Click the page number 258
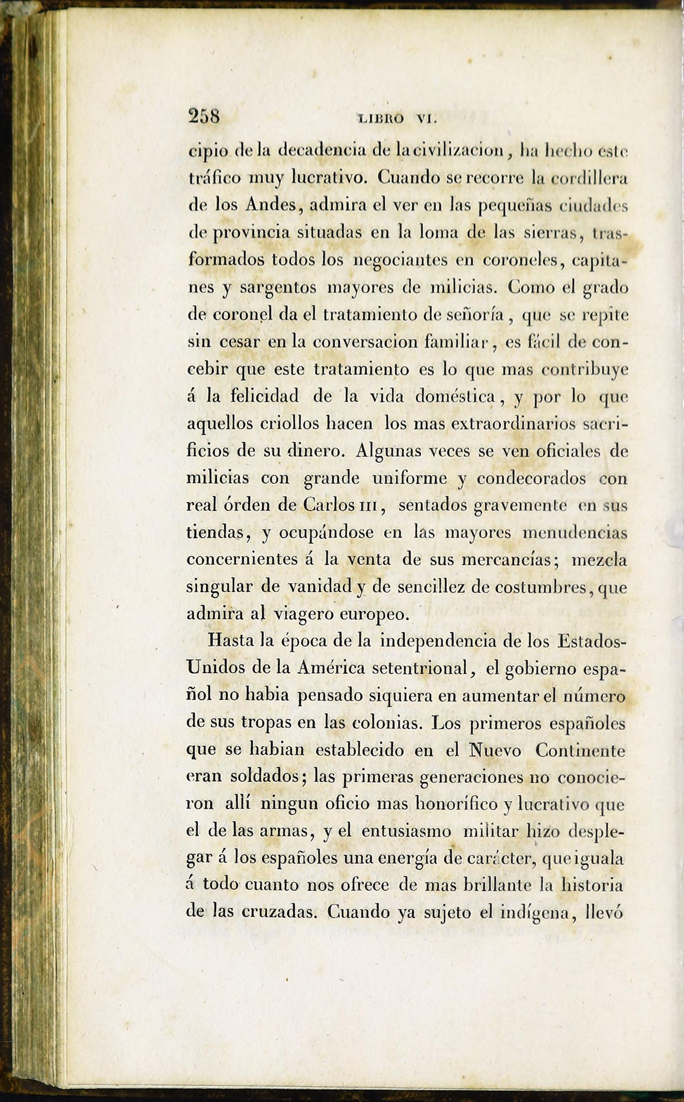(x=204, y=117)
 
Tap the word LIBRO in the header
(x=381, y=119)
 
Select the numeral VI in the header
(x=426, y=119)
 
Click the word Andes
(x=271, y=205)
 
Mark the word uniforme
(x=410, y=478)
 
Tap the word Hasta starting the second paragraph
(x=232, y=641)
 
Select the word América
(x=331, y=668)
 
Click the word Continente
(x=580, y=750)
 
